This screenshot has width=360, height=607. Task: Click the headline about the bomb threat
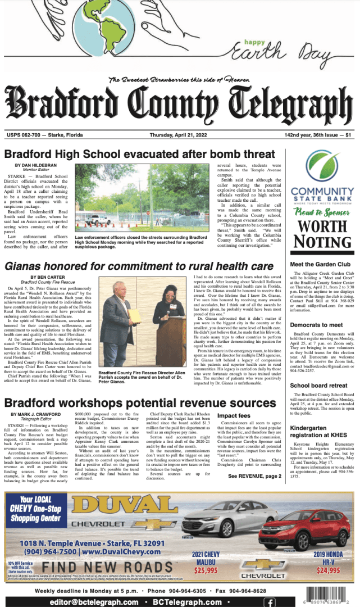coord(140,154)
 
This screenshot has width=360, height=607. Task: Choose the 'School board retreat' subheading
coord(318,386)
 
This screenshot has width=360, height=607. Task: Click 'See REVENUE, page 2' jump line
coord(256,476)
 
